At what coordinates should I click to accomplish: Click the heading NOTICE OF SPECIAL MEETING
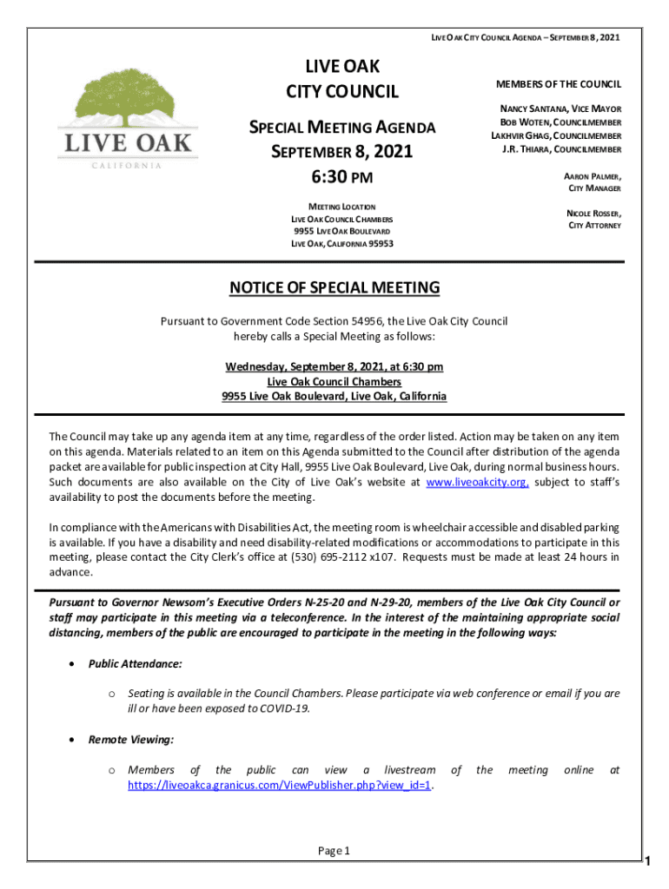(x=334, y=288)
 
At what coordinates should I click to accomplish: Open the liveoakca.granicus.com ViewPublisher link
(x=281, y=785)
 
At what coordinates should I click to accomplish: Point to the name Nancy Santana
(x=529, y=110)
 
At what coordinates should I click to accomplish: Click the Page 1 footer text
(x=334, y=851)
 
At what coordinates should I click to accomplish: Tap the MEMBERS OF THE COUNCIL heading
(x=558, y=84)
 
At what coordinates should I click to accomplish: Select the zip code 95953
(x=379, y=244)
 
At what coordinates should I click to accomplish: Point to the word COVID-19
(x=284, y=708)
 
